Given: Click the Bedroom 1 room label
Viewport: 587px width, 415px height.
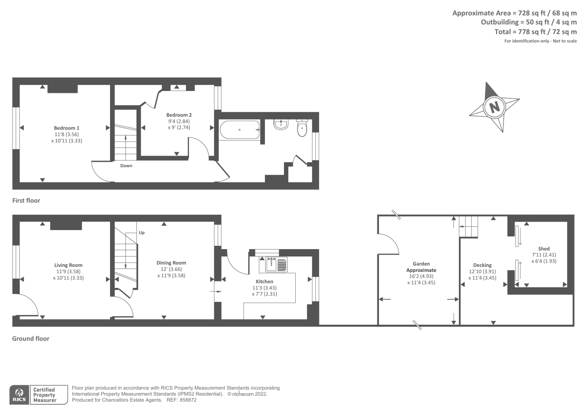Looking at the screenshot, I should (x=66, y=128).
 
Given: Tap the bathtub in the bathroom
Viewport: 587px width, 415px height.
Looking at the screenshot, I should (x=240, y=130).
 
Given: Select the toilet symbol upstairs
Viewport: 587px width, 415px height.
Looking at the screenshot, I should (x=302, y=128).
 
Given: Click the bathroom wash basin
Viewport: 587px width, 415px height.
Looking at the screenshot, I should (x=281, y=124).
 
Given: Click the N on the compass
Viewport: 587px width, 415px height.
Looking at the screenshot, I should (x=495, y=107).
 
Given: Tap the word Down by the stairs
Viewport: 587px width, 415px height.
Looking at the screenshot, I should (x=126, y=166).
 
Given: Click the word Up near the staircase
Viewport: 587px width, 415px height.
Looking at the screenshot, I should (x=142, y=233).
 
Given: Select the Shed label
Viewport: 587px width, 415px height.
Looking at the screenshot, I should (x=544, y=249).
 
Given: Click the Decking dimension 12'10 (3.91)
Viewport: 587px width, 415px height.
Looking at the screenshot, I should (x=482, y=272).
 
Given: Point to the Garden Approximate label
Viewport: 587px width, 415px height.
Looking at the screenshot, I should (x=421, y=267).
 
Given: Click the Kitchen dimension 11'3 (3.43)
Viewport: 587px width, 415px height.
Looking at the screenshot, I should (x=264, y=288).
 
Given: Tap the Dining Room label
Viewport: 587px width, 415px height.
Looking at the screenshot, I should (x=171, y=263).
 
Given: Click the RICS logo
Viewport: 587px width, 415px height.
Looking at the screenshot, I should (x=19, y=395).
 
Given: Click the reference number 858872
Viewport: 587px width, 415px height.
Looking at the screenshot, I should (x=188, y=400).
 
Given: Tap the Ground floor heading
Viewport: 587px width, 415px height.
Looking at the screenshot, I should (x=31, y=339).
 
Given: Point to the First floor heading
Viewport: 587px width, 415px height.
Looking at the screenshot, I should (x=26, y=200).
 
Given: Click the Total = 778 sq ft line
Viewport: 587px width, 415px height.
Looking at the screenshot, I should (x=535, y=32).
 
